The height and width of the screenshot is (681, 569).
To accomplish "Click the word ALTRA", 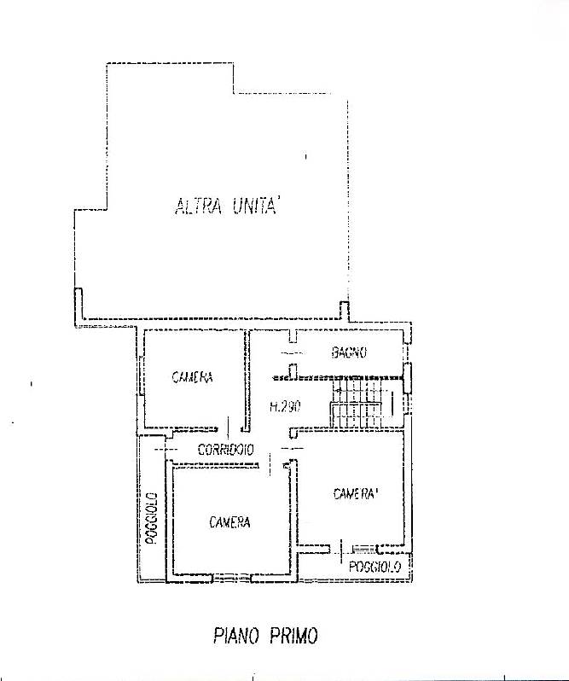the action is tap(199, 207).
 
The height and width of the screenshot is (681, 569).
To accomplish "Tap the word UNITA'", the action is tap(256, 206).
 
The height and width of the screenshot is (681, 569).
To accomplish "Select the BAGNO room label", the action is tap(350, 352).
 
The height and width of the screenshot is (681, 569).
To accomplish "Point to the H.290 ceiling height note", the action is tap(285, 407).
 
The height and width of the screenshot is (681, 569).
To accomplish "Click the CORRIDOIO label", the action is tap(226, 450).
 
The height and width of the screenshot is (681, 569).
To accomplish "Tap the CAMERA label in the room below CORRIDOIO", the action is tap(229, 522).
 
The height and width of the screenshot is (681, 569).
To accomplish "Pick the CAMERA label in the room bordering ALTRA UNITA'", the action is tap(192, 377).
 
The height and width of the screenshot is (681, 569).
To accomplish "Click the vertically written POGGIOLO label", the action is tap(151, 518).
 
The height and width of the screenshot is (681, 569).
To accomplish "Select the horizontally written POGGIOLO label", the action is tap(375, 567).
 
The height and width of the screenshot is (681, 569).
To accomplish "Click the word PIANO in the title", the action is tap(236, 636).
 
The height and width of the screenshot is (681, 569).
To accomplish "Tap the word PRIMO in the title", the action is tap(293, 636).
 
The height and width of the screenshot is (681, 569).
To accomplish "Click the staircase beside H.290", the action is tap(357, 403).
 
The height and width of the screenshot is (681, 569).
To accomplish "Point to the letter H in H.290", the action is tap(274, 407).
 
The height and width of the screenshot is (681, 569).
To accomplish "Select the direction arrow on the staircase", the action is tap(356, 391).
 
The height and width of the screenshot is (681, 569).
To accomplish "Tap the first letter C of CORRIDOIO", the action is tap(201, 450).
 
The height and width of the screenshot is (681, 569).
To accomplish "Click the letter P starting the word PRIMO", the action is tap(275, 636).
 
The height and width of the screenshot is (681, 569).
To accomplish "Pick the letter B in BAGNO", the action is tap(335, 352).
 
